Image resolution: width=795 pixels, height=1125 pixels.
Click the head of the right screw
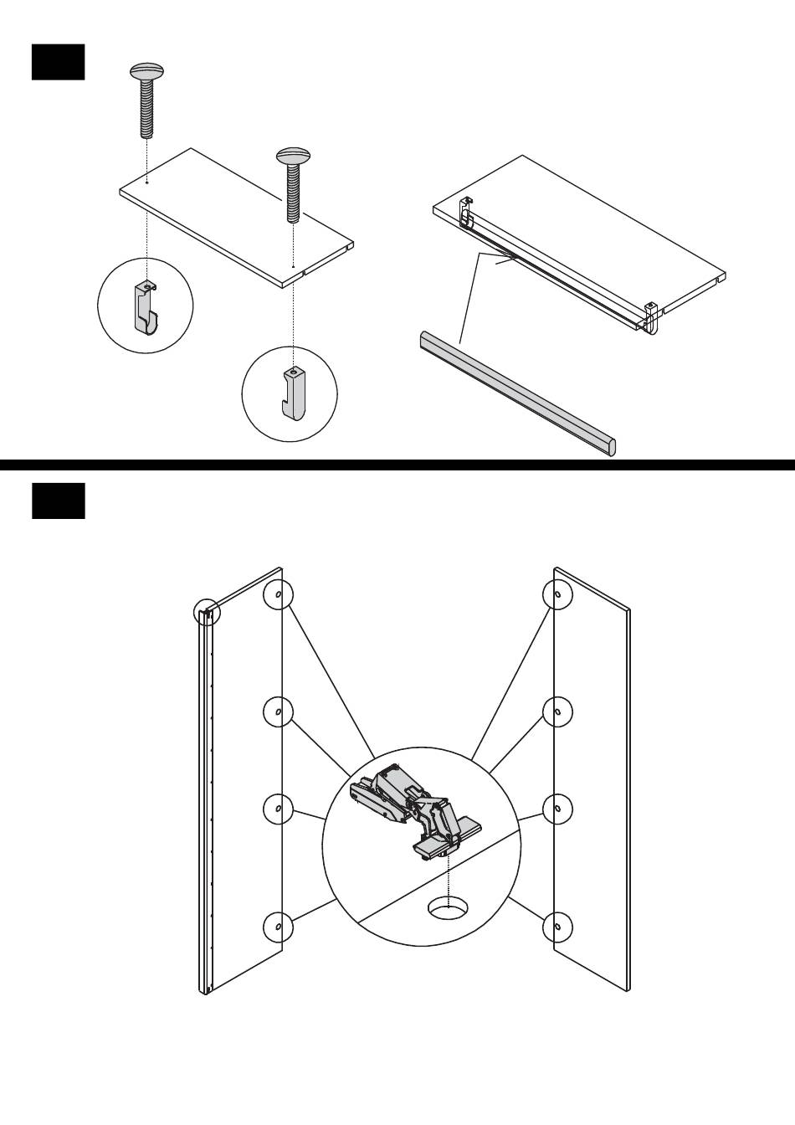pyautogui.click(x=293, y=157)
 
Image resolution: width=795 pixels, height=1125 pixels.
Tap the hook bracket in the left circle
pyautogui.click(x=146, y=306)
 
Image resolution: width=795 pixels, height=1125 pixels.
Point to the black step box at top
pyautogui.click(x=58, y=62)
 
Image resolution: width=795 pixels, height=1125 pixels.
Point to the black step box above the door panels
pyautogui.click(x=58, y=501)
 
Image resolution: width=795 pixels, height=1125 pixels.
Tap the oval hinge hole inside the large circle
pyautogui.click(x=449, y=907)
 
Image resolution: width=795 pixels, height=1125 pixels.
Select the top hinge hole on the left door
pyautogui.click(x=278, y=595)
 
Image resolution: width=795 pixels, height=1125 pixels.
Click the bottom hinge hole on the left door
pyautogui.click(x=278, y=927)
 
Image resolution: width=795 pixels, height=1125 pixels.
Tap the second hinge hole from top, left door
pyautogui.click(x=278, y=711)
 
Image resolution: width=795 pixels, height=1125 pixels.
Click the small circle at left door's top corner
pyautogui.click(x=207, y=613)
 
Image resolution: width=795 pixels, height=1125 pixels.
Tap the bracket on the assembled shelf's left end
pyautogui.click(x=465, y=213)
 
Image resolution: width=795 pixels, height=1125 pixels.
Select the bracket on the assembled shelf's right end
pyautogui.click(x=652, y=315)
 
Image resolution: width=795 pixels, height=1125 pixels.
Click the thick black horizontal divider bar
pyautogui.click(x=397, y=465)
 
